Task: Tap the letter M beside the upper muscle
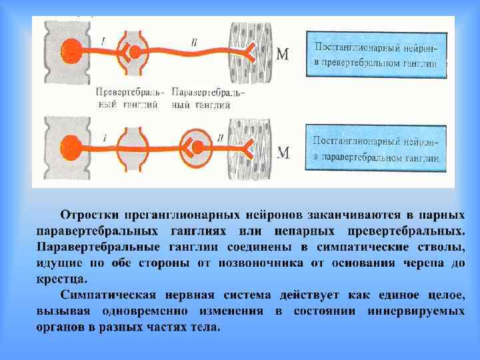click(x=283, y=54)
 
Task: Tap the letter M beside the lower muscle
click(x=283, y=153)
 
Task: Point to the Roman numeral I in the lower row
click(x=105, y=137)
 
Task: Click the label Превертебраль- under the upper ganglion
click(x=131, y=92)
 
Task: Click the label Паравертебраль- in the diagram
click(x=207, y=92)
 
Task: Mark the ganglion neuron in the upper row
click(x=135, y=51)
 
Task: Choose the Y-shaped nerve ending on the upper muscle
click(x=250, y=48)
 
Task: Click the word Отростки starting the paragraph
click(x=90, y=215)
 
